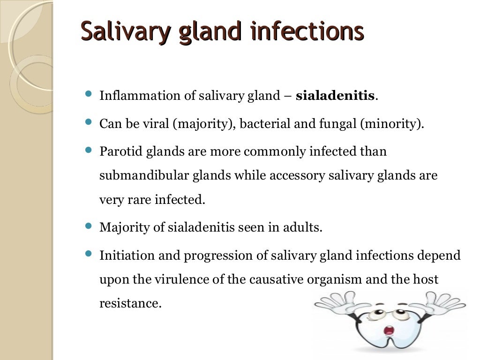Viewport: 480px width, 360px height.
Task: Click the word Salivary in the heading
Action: [x=123, y=31]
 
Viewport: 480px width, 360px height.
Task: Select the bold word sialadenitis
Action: [x=335, y=96]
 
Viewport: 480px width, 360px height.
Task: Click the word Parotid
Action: [x=117, y=152]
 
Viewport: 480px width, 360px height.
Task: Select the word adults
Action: [x=304, y=228]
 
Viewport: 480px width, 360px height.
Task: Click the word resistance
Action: [x=130, y=303]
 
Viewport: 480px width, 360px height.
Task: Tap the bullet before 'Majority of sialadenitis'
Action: [x=89, y=226]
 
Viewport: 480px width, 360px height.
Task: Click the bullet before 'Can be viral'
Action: [x=89, y=122]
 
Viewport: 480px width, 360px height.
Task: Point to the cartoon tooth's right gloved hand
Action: [x=443, y=302]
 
